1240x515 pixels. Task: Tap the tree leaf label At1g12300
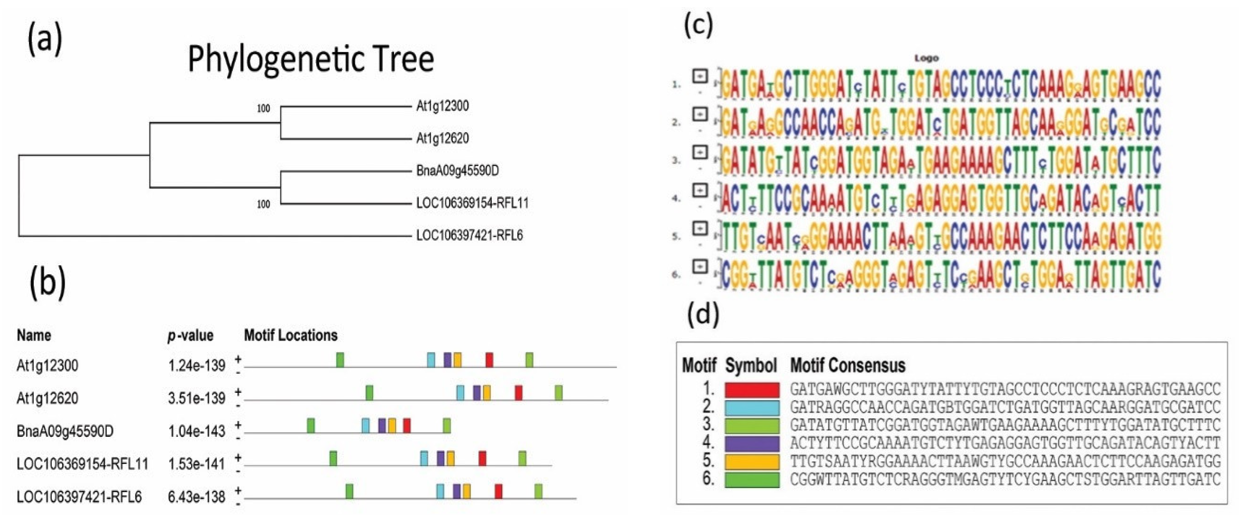[442, 106]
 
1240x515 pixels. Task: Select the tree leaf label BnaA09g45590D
[457, 170]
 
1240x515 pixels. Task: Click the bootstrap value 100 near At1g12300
[263, 108]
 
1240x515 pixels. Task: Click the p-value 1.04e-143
[197, 431]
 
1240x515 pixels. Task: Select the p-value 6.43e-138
[197, 497]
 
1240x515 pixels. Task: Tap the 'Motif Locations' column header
[291, 335]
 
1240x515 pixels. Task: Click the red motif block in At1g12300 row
[489, 360]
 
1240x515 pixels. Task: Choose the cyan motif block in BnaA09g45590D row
[366, 425]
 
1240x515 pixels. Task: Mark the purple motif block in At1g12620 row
[476, 393]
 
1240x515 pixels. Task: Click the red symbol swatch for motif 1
[752, 389]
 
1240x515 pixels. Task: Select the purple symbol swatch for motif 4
[752, 443]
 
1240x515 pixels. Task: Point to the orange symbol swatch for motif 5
[752, 461]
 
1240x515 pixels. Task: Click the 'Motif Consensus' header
[847, 366]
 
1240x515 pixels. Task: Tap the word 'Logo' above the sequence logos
[926, 58]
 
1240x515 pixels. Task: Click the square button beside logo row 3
[700, 153]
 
